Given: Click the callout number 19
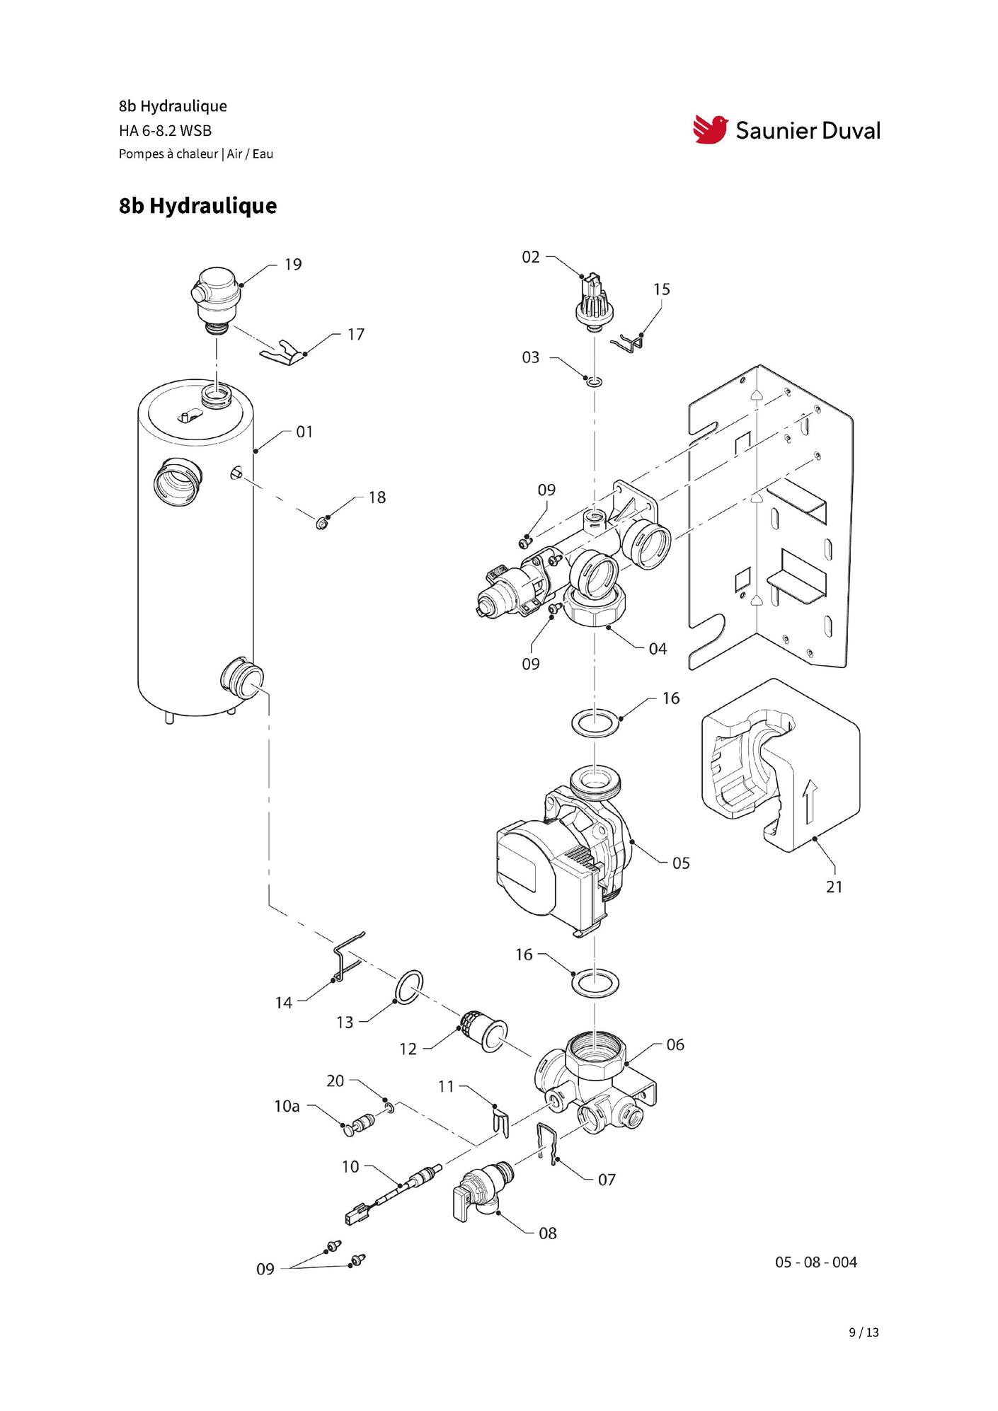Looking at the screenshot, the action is click(293, 265).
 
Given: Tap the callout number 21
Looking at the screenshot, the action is click(834, 887).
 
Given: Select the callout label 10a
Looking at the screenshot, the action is click(287, 1106).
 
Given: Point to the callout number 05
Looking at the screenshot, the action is click(681, 863).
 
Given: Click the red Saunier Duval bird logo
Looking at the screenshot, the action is click(711, 129).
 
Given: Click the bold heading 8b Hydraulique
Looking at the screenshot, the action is click(198, 206).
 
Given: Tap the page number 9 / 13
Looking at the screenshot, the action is click(864, 1332).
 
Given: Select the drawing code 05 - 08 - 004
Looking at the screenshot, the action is click(816, 1262).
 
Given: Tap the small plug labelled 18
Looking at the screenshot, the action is click(323, 524).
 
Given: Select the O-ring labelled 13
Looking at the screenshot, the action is click(409, 986).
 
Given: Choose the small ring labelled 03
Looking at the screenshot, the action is click(595, 383).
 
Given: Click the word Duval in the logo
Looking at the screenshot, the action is click(845, 130).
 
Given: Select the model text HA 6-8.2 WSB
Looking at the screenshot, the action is click(166, 131).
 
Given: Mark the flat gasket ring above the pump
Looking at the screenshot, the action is click(595, 725).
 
